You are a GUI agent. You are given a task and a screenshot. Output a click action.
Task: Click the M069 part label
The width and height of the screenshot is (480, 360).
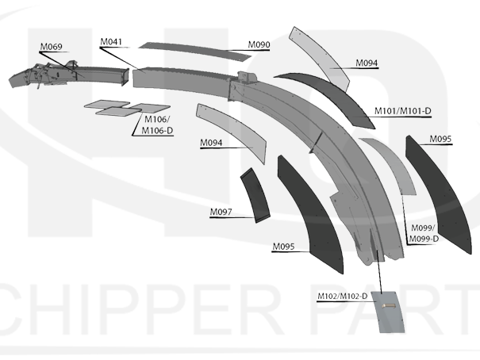51,47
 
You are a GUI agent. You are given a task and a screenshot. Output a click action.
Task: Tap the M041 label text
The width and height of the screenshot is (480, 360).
111,41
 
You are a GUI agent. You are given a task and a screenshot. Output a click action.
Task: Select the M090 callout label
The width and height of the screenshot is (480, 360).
259,44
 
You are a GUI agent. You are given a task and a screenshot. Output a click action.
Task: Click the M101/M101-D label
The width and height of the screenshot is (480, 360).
403,111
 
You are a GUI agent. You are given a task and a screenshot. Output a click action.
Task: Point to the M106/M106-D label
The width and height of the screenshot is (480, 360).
157,124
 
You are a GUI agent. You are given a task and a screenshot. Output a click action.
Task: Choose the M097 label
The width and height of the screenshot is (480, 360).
221,212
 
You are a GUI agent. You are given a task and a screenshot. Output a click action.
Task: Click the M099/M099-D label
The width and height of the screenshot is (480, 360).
424,233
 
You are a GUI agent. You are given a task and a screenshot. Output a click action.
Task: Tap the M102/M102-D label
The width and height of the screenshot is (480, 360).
342,296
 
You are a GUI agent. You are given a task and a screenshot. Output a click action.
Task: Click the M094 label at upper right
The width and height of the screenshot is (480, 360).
367,63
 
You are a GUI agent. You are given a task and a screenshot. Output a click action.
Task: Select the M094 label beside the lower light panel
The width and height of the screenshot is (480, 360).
211,143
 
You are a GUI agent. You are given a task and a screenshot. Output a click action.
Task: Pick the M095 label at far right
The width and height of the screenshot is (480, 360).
440,139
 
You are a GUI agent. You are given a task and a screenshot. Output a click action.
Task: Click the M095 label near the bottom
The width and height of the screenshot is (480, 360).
283,247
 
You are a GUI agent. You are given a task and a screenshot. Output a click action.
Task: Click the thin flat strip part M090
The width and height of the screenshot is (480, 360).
194,51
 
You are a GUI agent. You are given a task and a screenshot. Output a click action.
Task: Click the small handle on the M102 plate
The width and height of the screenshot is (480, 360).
389,306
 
